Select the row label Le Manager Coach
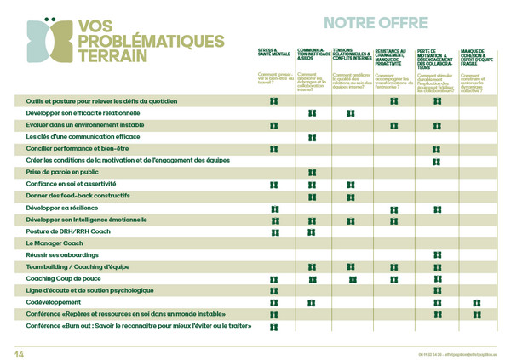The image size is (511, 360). click(x=54, y=243)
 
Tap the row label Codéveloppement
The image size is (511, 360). click(x=54, y=302)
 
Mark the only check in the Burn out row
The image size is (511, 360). click(x=274, y=327)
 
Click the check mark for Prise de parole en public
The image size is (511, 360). click(x=313, y=173)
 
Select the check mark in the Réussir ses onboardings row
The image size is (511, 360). click(x=436, y=255)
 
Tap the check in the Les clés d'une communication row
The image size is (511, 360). click(x=313, y=137)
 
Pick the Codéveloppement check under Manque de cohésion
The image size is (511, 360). click(x=477, y=303)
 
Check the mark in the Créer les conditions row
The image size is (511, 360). click(x=436, y=161)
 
